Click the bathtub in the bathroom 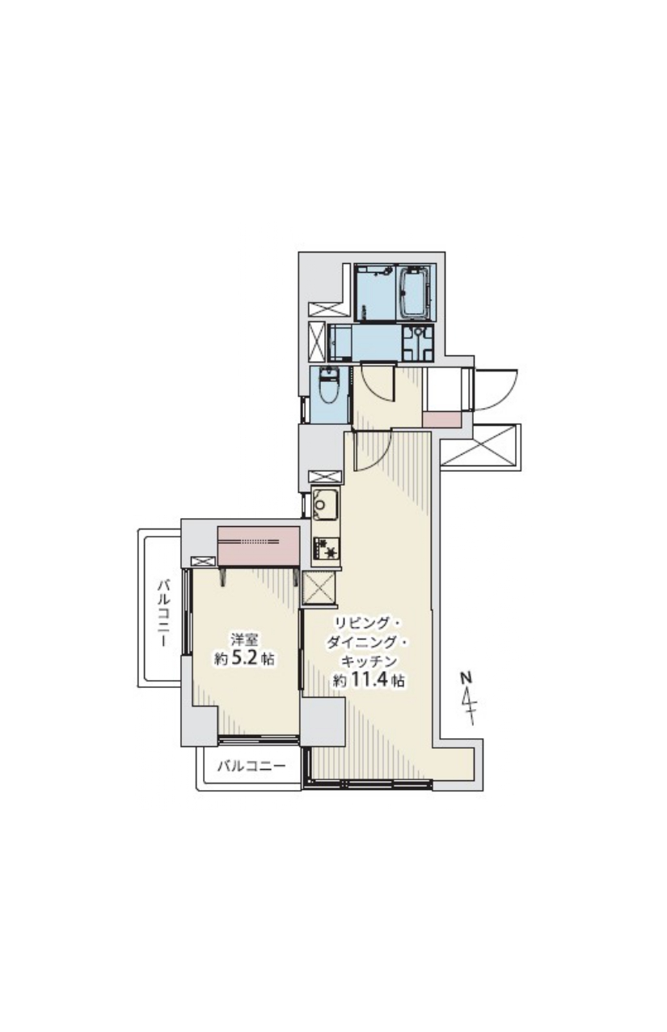point(416,291)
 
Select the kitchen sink point(325,504)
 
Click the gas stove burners point(326,549)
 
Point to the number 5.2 point(244,657)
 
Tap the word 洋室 point(244,639)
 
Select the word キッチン point(369,661)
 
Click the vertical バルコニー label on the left point(164,614)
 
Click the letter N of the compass point(466,677)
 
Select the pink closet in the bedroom point(258,546)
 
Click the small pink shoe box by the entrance point(441,420)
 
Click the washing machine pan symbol point(417,342)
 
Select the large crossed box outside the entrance point(480,446)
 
